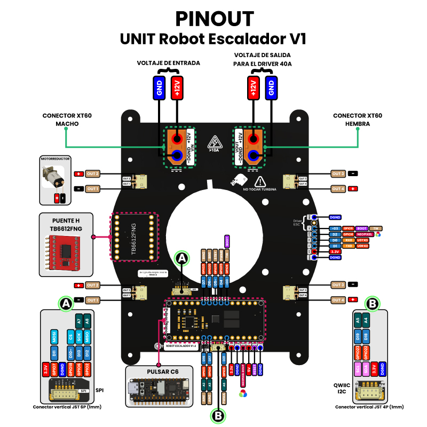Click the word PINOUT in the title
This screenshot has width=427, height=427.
tap(213, 19)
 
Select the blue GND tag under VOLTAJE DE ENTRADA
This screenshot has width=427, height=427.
tap(159, 87)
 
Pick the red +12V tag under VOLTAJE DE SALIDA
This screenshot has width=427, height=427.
tap(253, 87)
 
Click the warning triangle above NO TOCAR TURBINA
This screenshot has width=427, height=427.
tap(260, 181)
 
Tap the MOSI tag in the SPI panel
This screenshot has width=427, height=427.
tap(54, 337)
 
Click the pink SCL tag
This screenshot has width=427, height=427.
tap(357, 369)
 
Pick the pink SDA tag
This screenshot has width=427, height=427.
tap(366, 369)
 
